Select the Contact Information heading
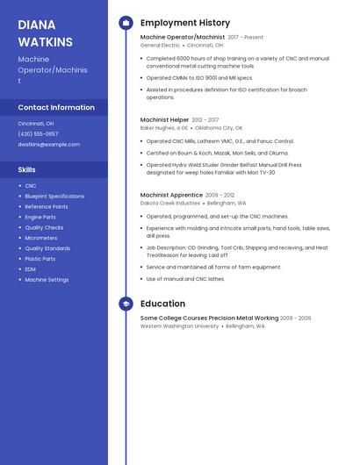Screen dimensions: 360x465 coord(56,107)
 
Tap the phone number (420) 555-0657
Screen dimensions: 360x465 coord(39,134)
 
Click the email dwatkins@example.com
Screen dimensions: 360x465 coord(48,144)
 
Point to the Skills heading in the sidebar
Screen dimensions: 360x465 coord(27,168)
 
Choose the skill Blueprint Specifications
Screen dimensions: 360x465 coord(54,196)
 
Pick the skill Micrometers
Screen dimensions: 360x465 coord(41,238)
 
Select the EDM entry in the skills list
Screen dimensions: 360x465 coord(31,269)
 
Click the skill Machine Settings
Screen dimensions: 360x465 coord(47,280)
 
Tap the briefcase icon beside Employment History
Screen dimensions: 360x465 coord(126,23)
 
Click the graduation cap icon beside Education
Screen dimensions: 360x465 coord(126,304)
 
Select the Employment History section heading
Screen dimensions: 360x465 coord(185,23)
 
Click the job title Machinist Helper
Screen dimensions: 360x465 coord(164,119)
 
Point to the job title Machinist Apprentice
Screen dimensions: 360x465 coord(171,195)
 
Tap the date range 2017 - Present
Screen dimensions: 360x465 coord(245,38)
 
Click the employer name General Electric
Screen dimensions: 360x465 coord(160,45)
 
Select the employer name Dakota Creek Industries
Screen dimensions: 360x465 coord(170,203)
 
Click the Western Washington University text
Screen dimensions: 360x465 coord(179,325)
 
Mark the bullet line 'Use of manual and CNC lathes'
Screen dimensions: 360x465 coord(185,279)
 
